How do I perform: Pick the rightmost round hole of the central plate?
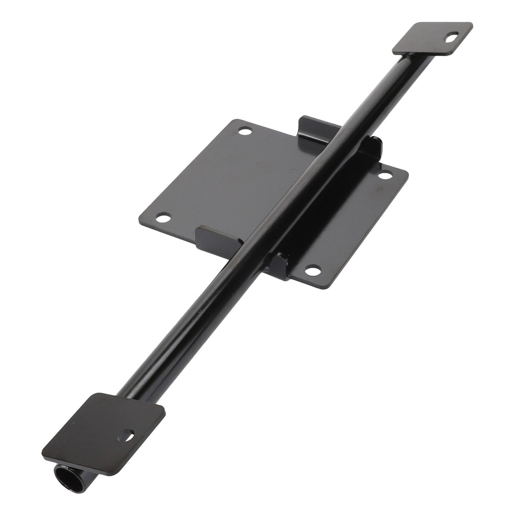[x=383, y=175]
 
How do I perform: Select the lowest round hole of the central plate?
[x=312, y=270]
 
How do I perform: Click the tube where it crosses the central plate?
[x=295, y=188]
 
